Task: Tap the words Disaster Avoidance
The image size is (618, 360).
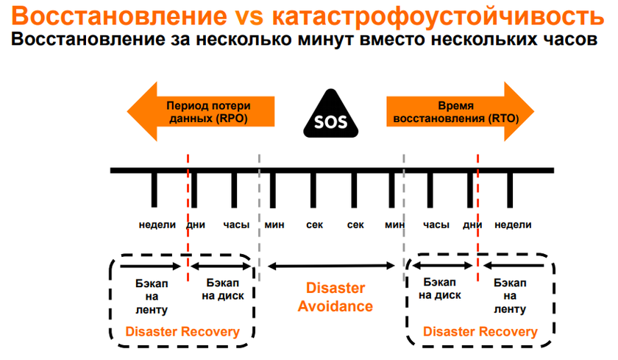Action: coord(335,297)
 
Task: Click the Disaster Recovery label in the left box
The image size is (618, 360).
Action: coord(182,332)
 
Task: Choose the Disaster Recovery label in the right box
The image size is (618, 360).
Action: coord(480,332)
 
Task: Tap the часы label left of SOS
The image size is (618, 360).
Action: coord(236,225)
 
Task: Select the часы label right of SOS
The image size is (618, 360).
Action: coord(436,225)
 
